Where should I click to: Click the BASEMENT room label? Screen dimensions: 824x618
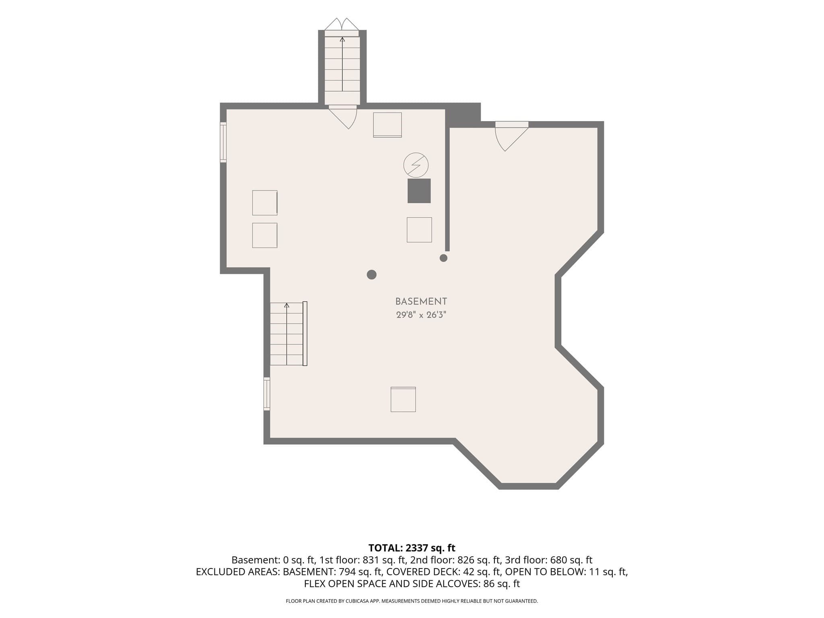click(421, 301)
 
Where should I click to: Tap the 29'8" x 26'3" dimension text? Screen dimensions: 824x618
click(421, 315)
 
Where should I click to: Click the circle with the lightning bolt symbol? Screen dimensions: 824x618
click(416, 165)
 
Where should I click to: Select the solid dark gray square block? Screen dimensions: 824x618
click(419, 191)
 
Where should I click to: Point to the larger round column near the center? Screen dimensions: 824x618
click(372, 275)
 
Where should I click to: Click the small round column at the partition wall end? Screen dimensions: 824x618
click(443, 258)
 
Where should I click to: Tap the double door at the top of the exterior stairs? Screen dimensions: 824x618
click(342, 25)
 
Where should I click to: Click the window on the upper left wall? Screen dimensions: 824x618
click(223, 142)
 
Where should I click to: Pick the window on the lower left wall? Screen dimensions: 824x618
click(267, 394)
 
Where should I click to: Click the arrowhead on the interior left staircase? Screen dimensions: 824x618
click(287, 305)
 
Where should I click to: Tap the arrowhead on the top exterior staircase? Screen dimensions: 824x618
click(342, 39)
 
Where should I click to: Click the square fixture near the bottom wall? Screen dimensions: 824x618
click(403, 400)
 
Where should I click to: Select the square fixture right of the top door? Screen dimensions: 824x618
click(387, 125)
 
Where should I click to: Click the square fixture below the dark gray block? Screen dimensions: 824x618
click(419, 230)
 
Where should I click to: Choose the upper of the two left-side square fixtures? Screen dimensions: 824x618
click(265, 203)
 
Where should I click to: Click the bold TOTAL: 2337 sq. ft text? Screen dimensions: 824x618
click(412, 548)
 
